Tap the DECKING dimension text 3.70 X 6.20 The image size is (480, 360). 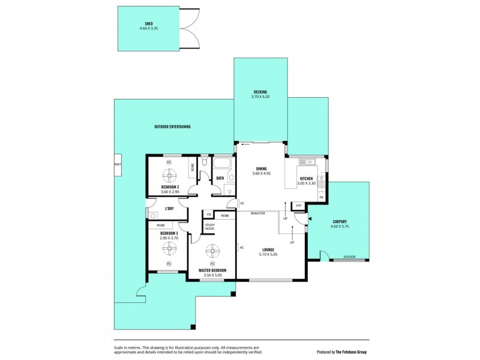click(x=260, y=96)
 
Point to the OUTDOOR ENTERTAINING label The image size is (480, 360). click(x=172, y=127)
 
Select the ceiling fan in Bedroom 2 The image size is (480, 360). click(x=169, y=175)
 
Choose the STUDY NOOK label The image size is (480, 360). click(x=209, y=227)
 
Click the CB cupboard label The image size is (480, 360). click(x=209, y=215)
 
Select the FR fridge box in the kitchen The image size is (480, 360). click(x=321, y=197)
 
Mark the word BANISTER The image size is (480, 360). click(x=257, y=213)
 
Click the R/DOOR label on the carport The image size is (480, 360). click(x=349, y=257)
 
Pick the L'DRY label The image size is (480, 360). click(x=169, y=209)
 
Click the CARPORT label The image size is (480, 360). click(x=340, y=221)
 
